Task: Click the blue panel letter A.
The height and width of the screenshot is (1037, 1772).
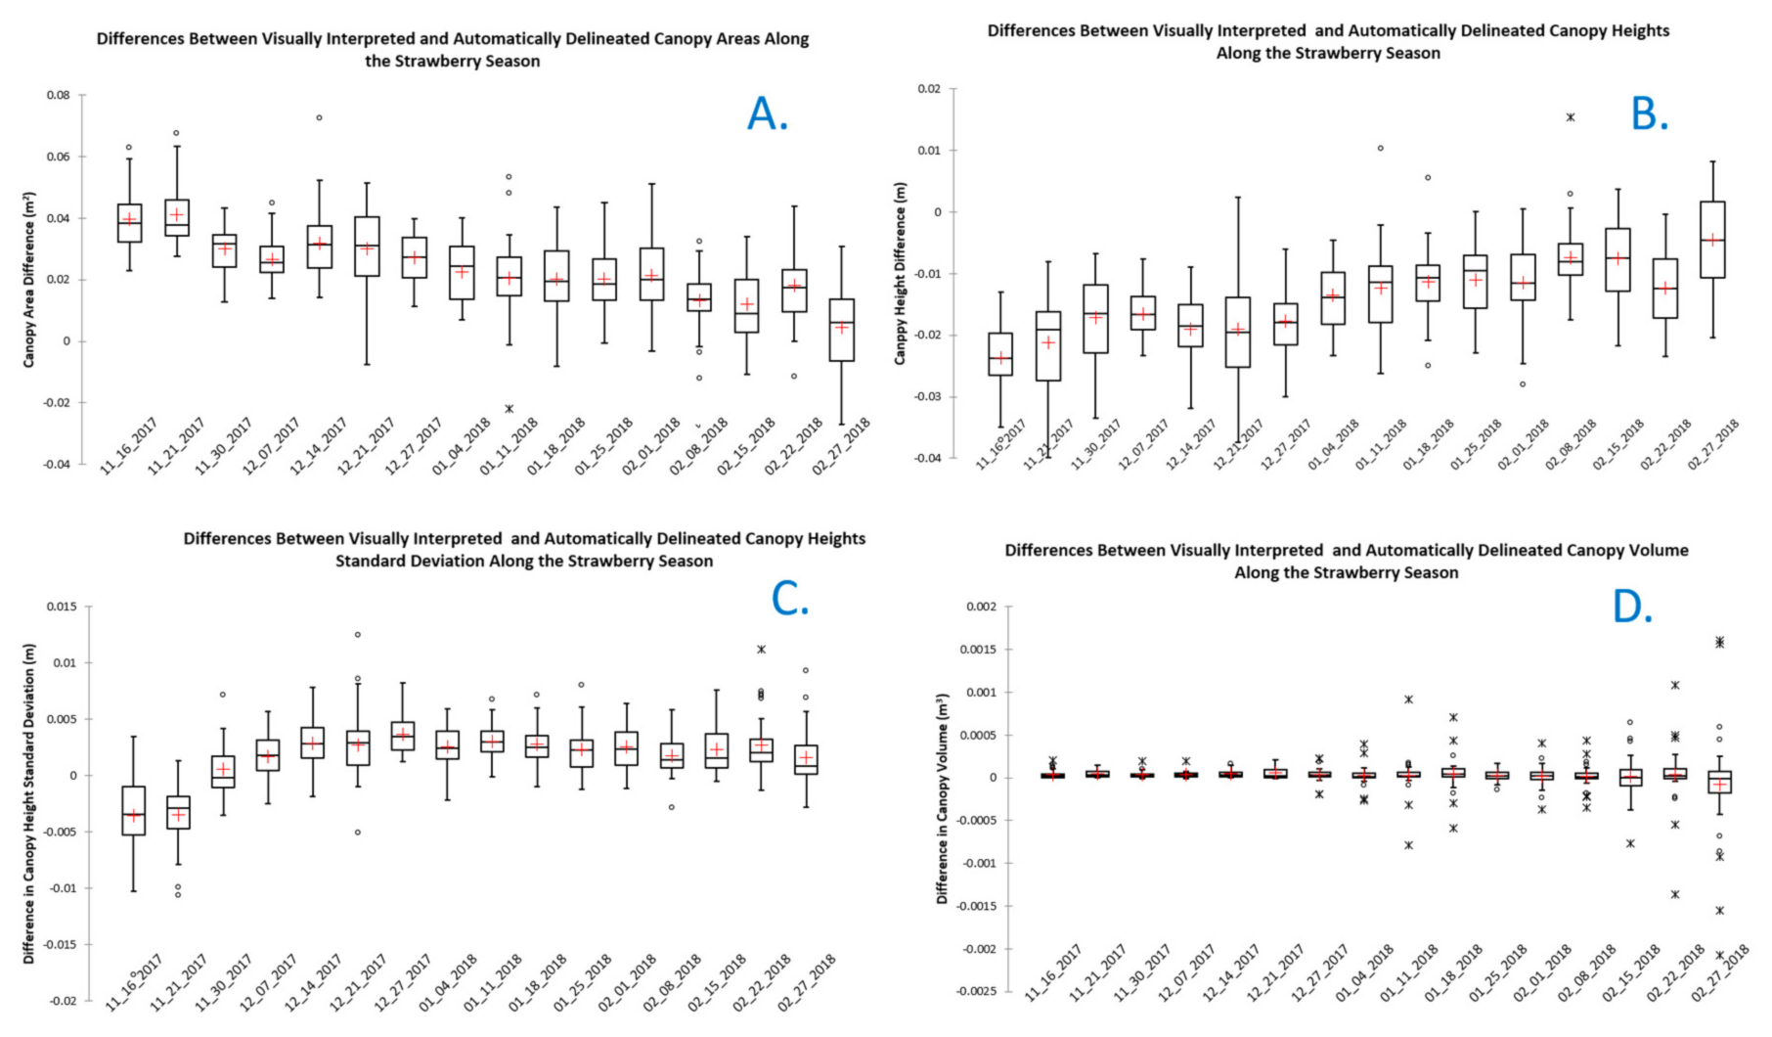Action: point(767,115)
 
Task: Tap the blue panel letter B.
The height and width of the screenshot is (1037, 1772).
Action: point(1649,114)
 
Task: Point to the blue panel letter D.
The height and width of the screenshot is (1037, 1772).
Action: point(1631,608)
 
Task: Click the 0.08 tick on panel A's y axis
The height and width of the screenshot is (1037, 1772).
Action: point(58,95)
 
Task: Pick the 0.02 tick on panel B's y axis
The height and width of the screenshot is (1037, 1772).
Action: point(929,89)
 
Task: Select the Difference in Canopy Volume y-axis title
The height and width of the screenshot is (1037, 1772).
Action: point(943,798)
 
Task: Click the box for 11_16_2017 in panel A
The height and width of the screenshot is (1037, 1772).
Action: point(130,223)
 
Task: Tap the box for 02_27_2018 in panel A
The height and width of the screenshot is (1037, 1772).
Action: point(842,330)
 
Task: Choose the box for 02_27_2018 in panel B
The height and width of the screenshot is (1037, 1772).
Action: point(1712,240)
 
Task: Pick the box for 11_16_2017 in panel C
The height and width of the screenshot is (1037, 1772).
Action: point(134,810)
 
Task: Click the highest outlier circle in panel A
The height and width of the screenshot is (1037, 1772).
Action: point(319,117)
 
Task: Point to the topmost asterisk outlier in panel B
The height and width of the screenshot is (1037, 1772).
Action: point(1571,117)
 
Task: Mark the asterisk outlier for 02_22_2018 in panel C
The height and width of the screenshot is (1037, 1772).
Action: point(761,650)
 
